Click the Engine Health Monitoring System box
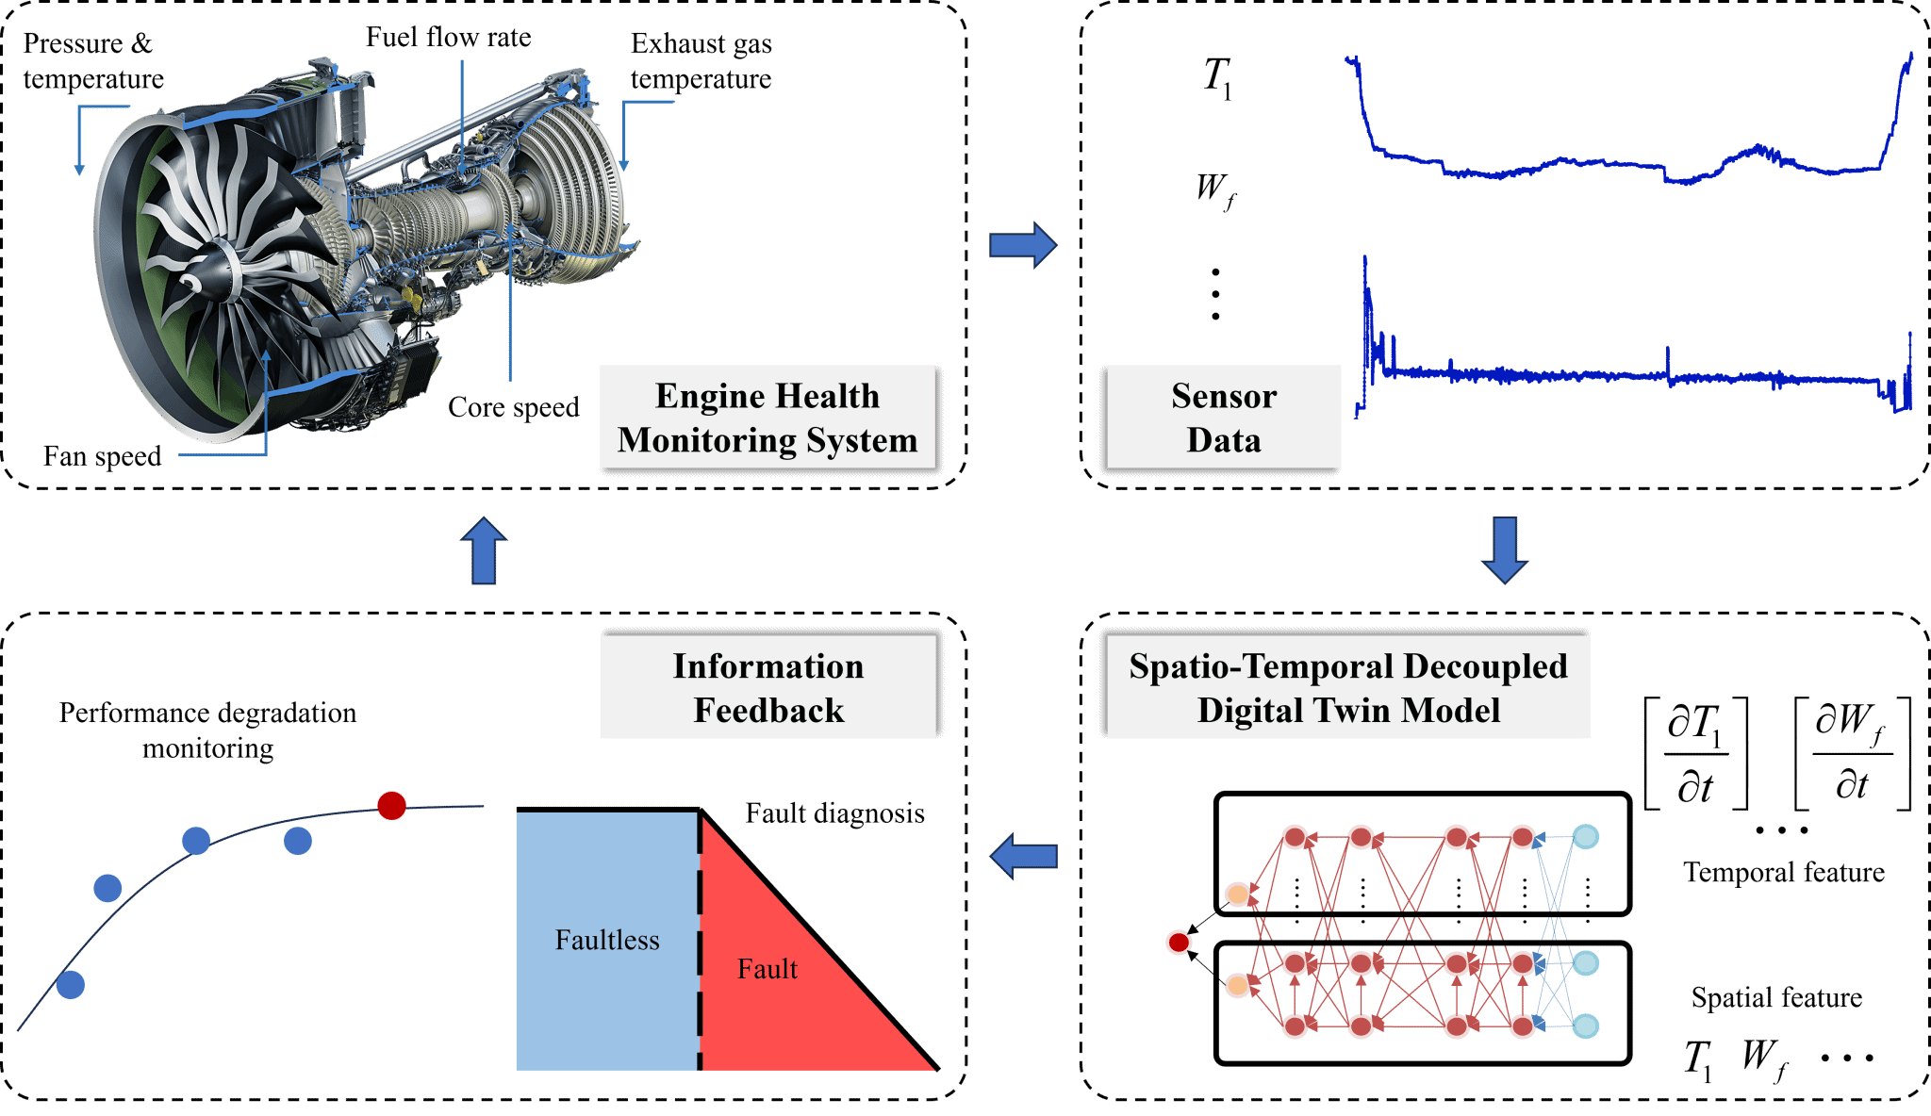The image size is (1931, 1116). coord(767,417)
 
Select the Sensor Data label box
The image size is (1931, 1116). coord(1223,417)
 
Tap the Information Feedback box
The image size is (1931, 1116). coord(767,687)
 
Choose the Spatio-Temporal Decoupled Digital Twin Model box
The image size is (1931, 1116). coord(1347,687)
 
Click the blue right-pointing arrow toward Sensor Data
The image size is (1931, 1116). coord(1023,245)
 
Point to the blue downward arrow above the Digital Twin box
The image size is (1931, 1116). coord(1505,550)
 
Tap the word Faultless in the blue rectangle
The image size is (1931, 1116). coord(607,940)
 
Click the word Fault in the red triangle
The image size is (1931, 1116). coord(767,969)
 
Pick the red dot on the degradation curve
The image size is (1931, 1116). coord(391,806)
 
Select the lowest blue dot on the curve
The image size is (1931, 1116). coord(71,985)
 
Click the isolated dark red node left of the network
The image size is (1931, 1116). coord(1179,942)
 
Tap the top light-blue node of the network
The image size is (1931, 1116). coord(1586,837)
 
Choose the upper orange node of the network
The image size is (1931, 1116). coord(1237,894)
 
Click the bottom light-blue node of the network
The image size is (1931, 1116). coord(1586,1026)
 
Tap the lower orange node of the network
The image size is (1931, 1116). coord(1237,986)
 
